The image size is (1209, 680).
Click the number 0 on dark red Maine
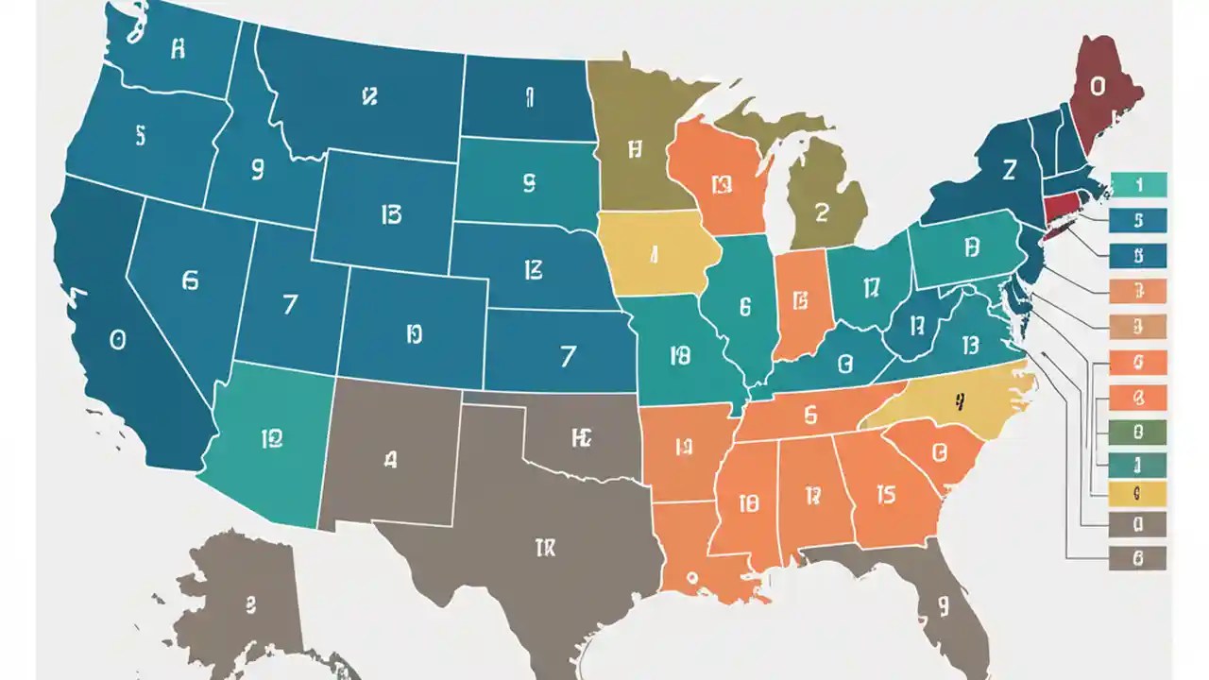[x=1097, y=87]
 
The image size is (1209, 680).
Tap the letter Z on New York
[x=1009, y=170]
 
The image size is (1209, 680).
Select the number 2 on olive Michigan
[x=821, y=212]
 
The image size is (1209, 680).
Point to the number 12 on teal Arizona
[x=271, y=437]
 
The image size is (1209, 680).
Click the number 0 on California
[x=117, y=340]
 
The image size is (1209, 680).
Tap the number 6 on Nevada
[x=191, y=280]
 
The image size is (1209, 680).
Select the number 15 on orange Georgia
[x=885, y=494]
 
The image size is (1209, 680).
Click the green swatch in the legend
[x=1138, y=433]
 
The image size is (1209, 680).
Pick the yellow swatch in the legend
[x=1138, y=492]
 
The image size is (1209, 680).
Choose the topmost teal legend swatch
[x=1138, y=185]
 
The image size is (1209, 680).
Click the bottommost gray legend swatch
[x=1138, y=558]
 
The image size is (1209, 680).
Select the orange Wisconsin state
[x=718, y=179]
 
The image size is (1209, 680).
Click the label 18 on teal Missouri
[x=679, y=355]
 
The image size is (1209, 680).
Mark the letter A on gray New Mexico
[x=390, y=460]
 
